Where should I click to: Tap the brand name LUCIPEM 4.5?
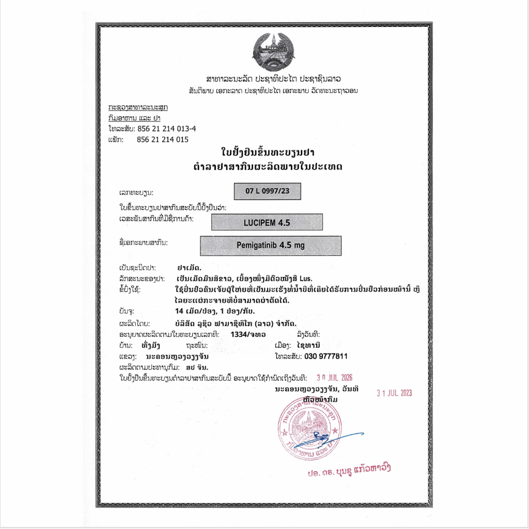[x=267, y=222]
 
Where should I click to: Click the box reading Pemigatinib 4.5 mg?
[x=271, y=245]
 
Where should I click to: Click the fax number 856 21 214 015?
[x=162, y=139]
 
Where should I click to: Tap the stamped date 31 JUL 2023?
[x=394, y=393]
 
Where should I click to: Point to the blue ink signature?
[x=331, y=438]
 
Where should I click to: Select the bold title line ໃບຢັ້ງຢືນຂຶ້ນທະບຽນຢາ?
[x=268, y=152]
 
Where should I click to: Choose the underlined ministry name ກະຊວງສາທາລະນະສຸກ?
[x=138, y=107]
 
